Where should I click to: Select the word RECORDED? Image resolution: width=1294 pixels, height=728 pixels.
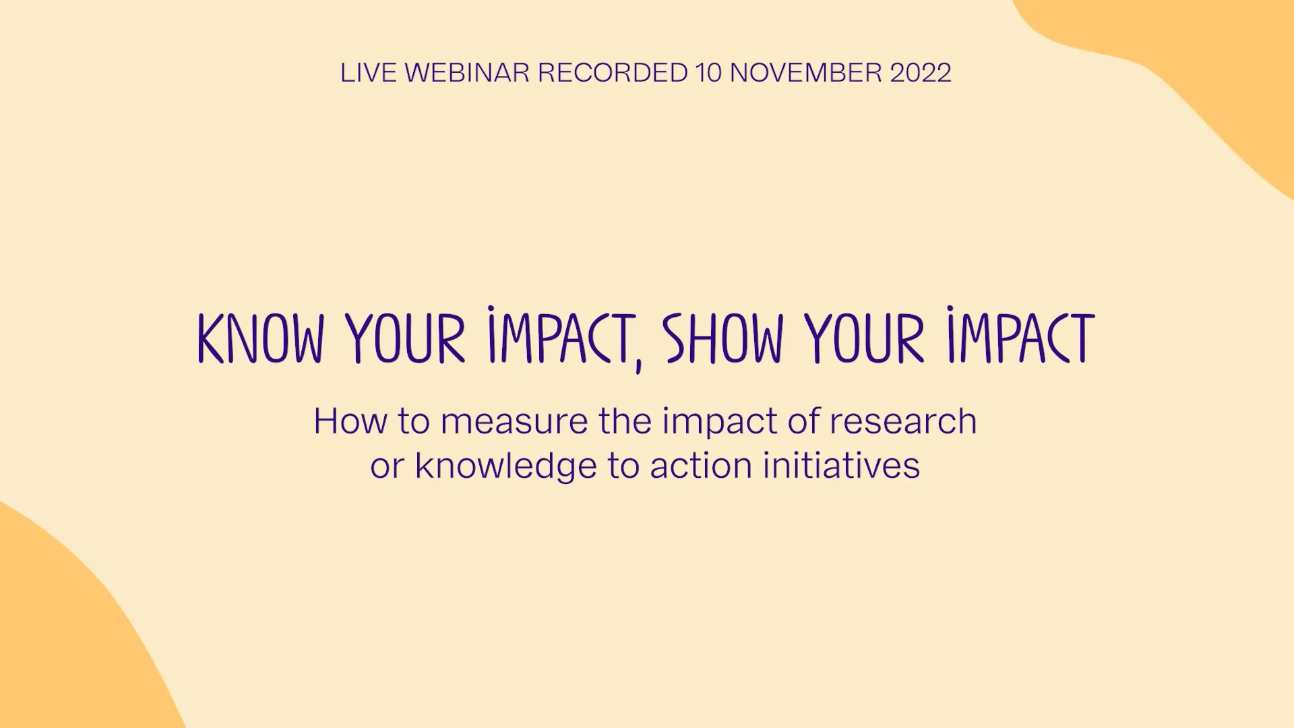[612, 73]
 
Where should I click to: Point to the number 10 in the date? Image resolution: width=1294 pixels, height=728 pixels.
[708, 73]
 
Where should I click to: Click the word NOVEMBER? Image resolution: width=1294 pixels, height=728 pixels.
[806, 73]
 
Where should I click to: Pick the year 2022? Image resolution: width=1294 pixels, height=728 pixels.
[921, 73]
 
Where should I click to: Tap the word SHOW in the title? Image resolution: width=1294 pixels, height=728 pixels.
[723, 338]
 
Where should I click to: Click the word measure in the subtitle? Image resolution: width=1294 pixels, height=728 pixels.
[514, 422]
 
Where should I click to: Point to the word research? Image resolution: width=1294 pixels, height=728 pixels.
[903, 422]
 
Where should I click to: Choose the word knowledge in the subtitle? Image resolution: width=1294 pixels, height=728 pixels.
[506, 466]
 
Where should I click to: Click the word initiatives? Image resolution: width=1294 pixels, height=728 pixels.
[841, 466]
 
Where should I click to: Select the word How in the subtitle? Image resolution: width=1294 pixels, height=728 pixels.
[350, 422]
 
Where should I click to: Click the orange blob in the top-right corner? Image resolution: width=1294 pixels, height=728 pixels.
[1213, 54]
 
